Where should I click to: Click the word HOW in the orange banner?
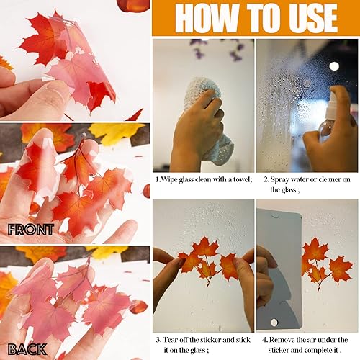coord(207,18)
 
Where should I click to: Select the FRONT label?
coord(30,230)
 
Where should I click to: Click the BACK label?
coord(27,349)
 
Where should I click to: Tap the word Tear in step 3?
coord(171,340)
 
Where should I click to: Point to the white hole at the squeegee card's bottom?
coord(274,323)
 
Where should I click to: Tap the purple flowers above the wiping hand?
coord(216,49)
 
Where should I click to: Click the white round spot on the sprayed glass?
coord(334,66)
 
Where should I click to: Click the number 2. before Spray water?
coord(266,180)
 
